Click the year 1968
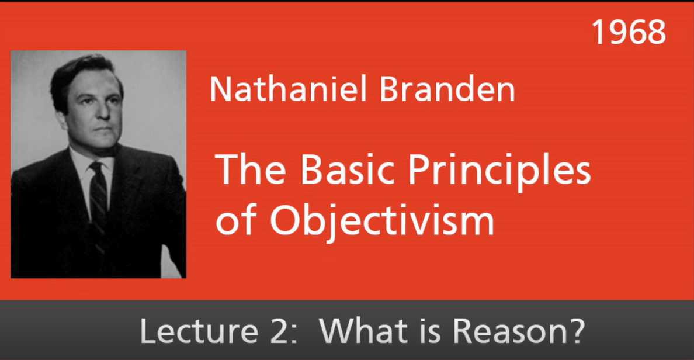(x=629, y=32)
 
